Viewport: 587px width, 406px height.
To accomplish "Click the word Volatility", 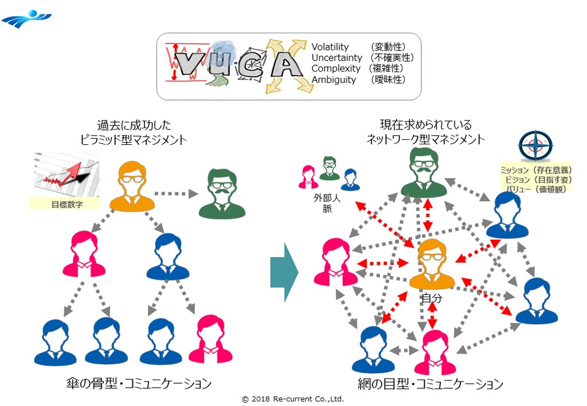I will point(330,47).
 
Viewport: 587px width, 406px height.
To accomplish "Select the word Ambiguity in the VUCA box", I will point(334,80).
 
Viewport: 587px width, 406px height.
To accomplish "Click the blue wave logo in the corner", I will point(26,19).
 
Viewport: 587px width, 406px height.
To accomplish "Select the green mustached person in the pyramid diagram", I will point(221,194).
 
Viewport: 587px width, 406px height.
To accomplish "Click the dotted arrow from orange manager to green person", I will point(175,194).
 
